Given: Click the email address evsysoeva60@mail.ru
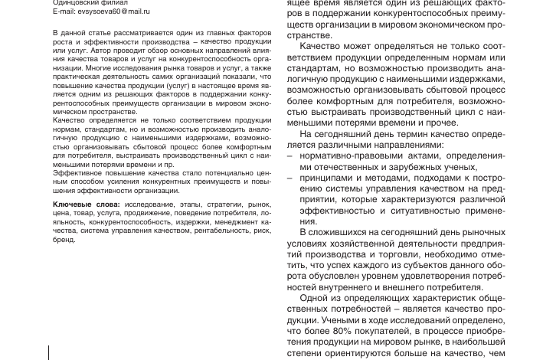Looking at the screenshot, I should [113, 12].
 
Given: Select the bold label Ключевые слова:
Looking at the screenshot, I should [87, 205].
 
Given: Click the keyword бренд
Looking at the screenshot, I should [64, 239].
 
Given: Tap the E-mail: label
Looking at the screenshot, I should [64, 12].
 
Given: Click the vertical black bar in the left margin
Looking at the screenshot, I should [49, 352].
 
